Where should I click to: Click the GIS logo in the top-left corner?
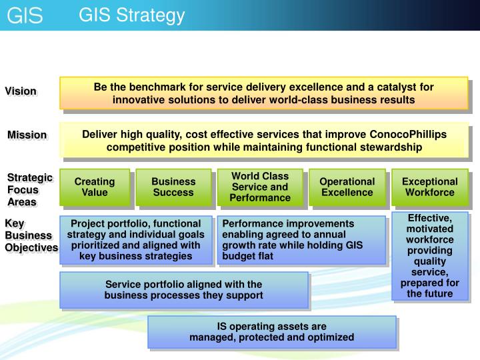point(25,15)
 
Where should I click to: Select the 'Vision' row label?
point(21,91)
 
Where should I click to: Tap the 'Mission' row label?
point(27,135)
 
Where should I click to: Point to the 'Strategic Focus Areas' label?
point(29,189)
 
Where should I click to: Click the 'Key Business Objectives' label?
point(31,235)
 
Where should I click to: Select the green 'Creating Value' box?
point(94,187)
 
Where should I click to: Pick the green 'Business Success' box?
point(173,187)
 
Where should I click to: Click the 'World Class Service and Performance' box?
point(260,187)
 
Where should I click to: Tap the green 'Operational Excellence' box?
point(347,187)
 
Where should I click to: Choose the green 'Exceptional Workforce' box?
point(430,187)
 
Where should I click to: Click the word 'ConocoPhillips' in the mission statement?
point(412,134)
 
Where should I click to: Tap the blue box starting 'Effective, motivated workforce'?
point(430,255)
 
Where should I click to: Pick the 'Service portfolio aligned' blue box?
point(183,290)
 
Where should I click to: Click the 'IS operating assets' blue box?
point(271,332)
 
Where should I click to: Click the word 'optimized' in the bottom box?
point(331,337)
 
